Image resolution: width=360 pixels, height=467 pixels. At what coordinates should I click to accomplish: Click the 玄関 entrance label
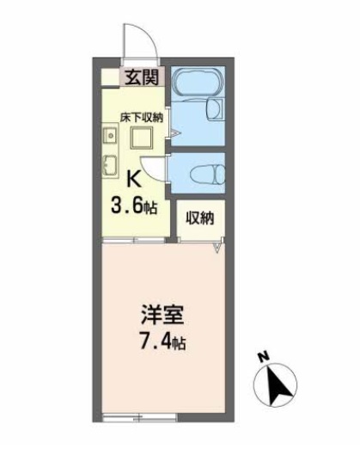point(143,78)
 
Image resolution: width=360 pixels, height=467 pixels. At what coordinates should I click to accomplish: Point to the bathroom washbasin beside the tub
point(216,110)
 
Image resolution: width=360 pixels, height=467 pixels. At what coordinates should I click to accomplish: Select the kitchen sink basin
point(109,165)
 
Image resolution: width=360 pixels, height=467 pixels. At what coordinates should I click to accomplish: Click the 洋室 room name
point(159,313)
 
